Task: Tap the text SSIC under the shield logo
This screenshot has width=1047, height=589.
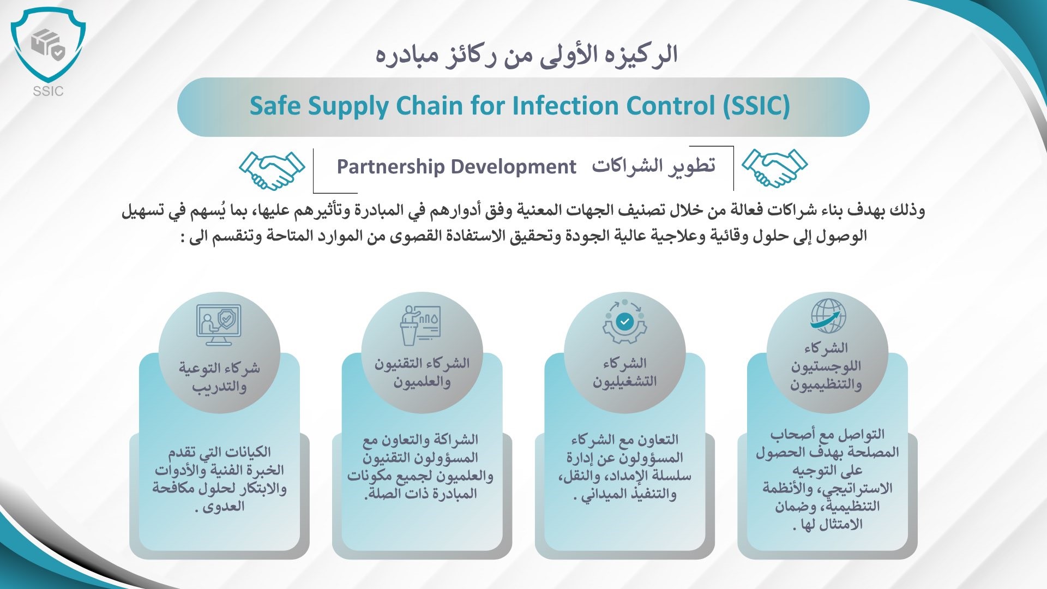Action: (x=48, y=91)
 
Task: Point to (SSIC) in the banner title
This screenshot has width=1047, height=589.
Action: (x=756, y=106)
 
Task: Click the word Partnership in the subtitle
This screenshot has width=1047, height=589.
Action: (x=390, y=167)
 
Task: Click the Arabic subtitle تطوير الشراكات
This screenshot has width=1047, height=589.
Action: (x=653, y=166)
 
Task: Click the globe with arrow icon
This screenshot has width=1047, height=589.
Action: (x=828, y=316)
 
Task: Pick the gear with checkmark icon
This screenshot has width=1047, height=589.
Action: (x=625, y=322)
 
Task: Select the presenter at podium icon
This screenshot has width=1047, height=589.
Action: (x=420, y=326)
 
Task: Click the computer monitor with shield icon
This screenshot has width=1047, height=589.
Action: (x=219, y=324)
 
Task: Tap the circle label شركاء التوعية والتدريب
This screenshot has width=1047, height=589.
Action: (x=219, y=377)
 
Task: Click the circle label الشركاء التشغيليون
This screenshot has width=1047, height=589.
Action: (x=625, y=372)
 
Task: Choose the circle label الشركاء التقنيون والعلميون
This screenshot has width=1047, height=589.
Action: (x=422, y=372)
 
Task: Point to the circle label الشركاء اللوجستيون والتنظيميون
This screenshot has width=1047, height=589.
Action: (x=826, y=366)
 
